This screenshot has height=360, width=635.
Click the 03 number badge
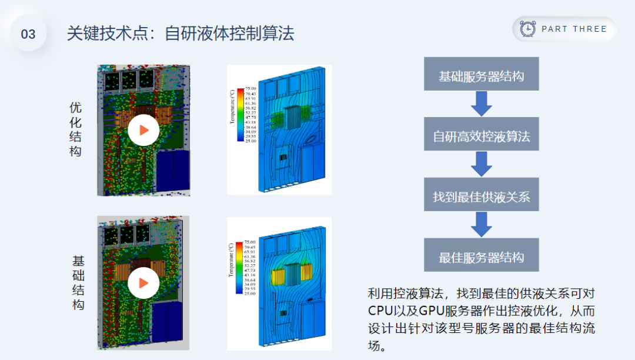[x=28, y=34]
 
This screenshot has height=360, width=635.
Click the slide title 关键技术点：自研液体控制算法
[x=180, y=33]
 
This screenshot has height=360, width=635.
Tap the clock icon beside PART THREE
[x=528, y=29]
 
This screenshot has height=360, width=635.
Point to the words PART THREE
[x=574, y=29]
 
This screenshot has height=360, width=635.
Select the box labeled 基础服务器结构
[x=482, y=75]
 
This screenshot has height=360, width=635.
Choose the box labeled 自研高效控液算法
[x=482, y=136]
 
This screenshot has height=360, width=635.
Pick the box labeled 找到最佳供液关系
[x=482, y=196]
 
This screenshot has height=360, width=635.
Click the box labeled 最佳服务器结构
[x=482, y=256]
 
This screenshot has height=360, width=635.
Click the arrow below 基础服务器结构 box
[x=482, y=104]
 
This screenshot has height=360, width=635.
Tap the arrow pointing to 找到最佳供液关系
[x=482, y=165]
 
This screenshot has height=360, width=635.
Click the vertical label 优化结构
[x=76, y=129]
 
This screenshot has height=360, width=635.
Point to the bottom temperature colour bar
[x=239, y=267]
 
